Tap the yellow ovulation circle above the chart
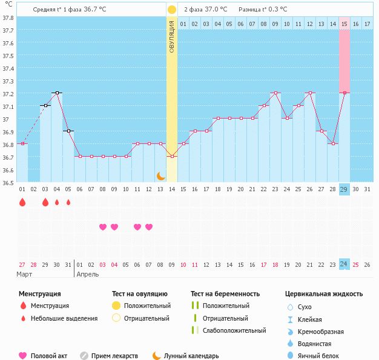tap(172, 10)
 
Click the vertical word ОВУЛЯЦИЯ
tap(172, 36)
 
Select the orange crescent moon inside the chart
tap(160, 175)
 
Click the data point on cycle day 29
tap(344, 93)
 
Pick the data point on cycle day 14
tap(172, 157)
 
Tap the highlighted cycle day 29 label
tap(344, 189)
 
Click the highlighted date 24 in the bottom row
tap(344, 264)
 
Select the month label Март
tap(25, 274)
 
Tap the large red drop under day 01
tap(22, 203)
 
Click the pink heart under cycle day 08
tap(103, 227)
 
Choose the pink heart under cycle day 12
tap(149, 227)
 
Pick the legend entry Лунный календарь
tap(191, 356)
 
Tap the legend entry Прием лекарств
tap(114, 356)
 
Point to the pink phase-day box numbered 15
tap(344, 24)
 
